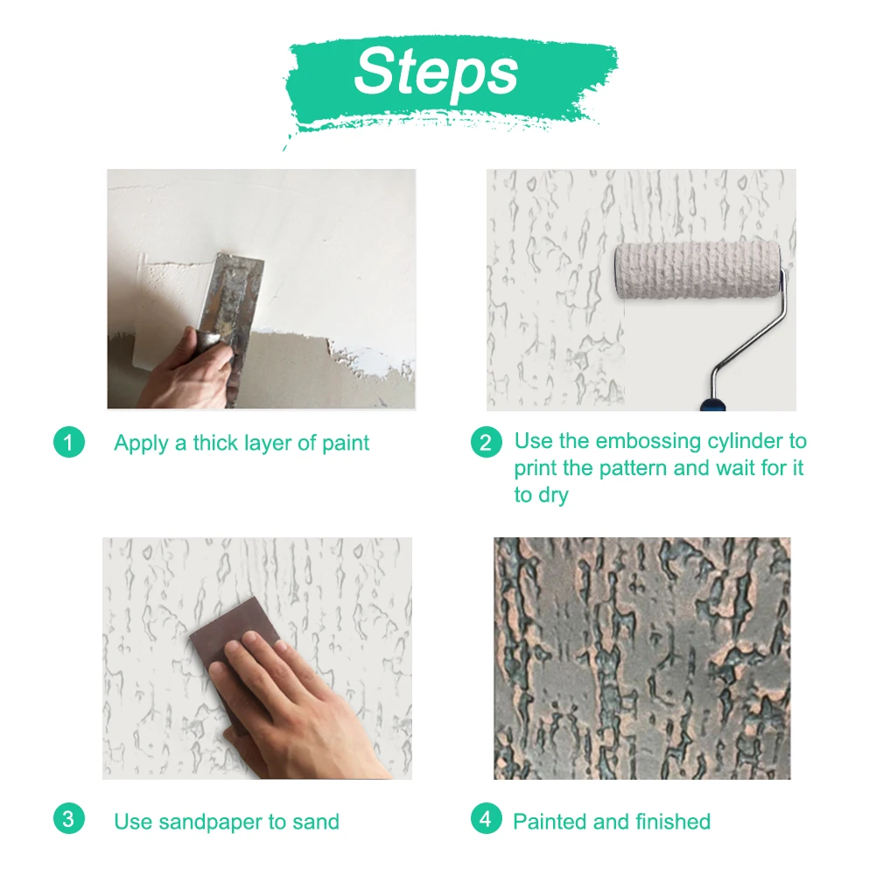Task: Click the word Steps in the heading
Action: (x=437, y=72)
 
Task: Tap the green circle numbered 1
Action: (x=69, y=443)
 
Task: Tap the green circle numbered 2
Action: (x=486, y=443)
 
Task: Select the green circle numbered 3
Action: (x=69, y=818)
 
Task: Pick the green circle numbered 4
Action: (x=486, y=818)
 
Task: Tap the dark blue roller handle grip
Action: (x=713, y=403)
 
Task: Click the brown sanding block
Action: (x=235, y=659)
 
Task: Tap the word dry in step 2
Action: (x=553, y=495)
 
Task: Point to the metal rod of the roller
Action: (x=752, y=335)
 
